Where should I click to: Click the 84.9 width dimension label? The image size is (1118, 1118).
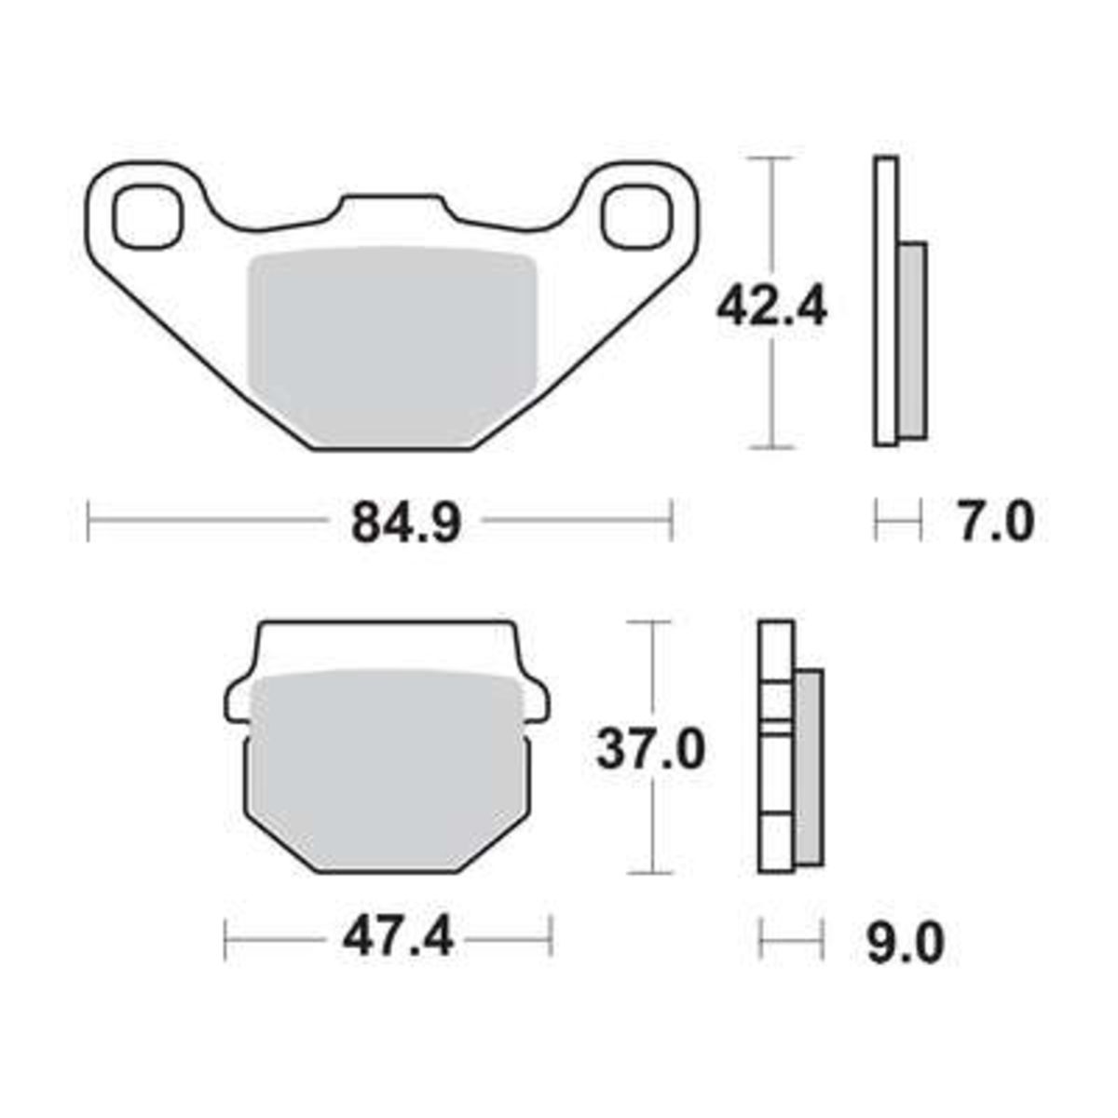point(406,522)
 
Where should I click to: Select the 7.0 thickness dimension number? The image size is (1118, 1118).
point(996,522)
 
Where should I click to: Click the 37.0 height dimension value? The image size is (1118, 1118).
point(651,749)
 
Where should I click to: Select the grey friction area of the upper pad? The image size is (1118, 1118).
point(392,345)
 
